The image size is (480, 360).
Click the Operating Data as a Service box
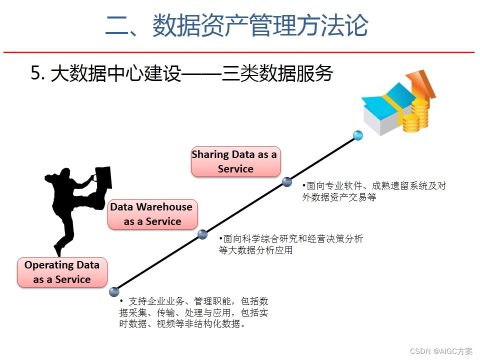[62, 272]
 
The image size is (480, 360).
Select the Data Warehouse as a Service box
[152, 214]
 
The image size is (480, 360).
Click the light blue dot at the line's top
[357, 135]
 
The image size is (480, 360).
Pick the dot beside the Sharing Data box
[287, 182]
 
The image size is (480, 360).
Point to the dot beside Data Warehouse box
[202, 234]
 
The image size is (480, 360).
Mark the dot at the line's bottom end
[114, 291]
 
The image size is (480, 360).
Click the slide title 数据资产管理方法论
[260, 25]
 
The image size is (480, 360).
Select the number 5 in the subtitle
[35, 74]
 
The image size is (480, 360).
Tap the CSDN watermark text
[441, 351]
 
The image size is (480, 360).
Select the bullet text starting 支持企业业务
[194, 312]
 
